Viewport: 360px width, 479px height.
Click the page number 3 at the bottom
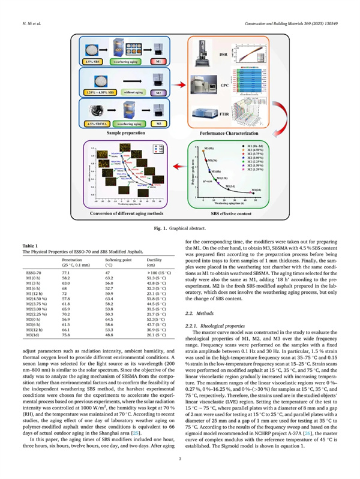180,460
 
